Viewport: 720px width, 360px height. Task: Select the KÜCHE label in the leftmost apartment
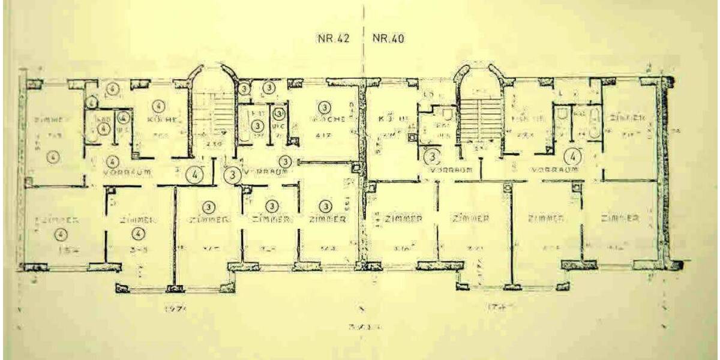click(161, 119)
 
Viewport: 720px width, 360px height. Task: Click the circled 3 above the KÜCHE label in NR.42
click(325, 108)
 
